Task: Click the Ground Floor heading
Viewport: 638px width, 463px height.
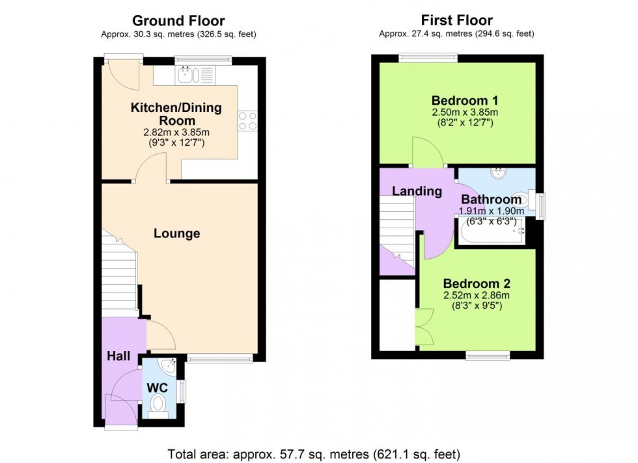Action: [x=178, y=21]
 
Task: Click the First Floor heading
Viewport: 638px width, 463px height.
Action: [x=457, y=21]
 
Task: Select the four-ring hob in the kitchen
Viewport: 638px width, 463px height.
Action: [x=247, y=121]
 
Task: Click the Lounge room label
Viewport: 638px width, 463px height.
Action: [x=176, y=233]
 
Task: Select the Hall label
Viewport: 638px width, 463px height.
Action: [x=119, y=356]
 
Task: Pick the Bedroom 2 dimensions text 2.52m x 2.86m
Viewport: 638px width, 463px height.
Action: [x=476, y=296]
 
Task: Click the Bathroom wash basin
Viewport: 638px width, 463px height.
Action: [x=500, y=174]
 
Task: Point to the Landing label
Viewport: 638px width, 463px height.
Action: [x=417, y=191]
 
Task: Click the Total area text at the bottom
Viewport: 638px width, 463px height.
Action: [x=314, y=453]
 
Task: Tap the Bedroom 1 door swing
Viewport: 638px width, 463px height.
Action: [x=426, y=153]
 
